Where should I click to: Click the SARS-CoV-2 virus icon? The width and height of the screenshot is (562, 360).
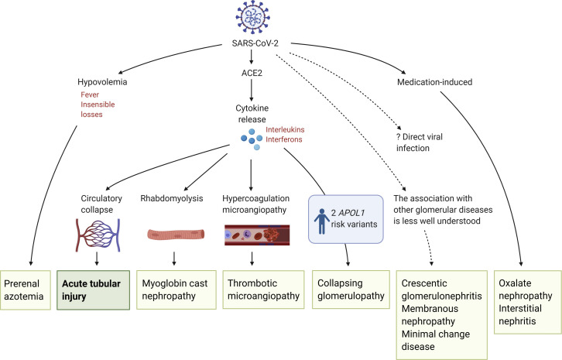[252, 17]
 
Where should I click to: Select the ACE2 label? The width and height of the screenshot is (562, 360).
[252, 73]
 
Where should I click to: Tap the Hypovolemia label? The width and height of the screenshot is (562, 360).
[102, 82]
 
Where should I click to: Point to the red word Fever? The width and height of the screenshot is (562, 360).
[90, 94]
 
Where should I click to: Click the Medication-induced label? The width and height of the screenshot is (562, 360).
[434, 82]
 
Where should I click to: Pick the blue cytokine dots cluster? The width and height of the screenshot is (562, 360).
[252, 139]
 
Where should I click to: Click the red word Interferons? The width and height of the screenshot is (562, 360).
[284, 139]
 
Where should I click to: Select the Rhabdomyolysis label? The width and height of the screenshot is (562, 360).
[172, 198]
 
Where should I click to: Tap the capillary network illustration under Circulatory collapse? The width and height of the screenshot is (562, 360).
[98, 235]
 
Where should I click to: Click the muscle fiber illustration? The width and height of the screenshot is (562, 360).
[176, 235]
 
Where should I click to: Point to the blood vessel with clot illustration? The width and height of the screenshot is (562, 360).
[257, 235]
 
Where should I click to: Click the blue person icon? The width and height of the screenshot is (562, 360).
[322, 221]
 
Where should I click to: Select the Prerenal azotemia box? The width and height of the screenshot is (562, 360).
[26, 290]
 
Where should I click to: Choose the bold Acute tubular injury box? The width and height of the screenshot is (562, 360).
[93, 290]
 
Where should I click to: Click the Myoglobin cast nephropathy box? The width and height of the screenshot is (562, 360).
[176, 290]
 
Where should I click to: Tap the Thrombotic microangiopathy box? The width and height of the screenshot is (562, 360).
[263, 290]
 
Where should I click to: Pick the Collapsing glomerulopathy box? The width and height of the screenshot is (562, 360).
[351, 290]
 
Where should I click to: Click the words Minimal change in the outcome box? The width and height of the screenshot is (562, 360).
[436, 334]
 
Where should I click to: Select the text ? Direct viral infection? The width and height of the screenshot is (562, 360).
[420, 142]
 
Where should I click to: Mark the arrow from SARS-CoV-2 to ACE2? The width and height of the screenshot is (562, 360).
[252, 57]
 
